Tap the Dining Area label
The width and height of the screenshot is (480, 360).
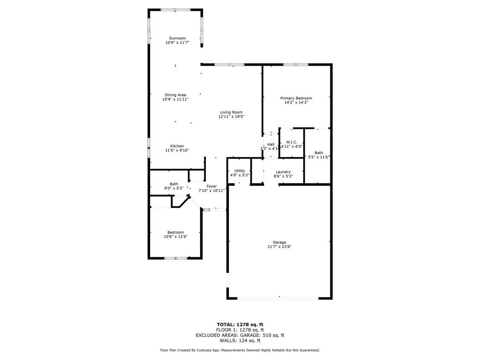pos(175,95)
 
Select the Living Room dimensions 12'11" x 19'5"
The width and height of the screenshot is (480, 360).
pos(231,117)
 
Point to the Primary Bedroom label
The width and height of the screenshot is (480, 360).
pos(296,98)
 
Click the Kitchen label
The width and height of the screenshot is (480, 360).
pos(177,146)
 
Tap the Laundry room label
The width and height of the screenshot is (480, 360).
pos(283,172)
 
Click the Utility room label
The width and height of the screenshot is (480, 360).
pos(240,171)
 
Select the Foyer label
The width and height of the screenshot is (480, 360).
pos(211,186)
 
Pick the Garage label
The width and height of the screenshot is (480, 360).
pos(280,242)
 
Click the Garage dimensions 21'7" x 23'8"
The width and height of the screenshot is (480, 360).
pos(280,247)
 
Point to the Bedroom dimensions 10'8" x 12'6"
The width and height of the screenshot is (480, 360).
pos(176,237)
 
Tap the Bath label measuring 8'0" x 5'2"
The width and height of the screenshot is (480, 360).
pos(174,184)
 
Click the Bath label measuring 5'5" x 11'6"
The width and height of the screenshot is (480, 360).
pos(319,153)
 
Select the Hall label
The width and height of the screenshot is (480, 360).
pos(271,144)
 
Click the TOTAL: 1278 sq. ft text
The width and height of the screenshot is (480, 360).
pos(240,324)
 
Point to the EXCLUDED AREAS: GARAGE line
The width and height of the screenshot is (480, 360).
pos(240,335)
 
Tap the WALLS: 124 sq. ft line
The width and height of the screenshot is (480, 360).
pos(240,340)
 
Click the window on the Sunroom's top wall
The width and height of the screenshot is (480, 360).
pos(175,9)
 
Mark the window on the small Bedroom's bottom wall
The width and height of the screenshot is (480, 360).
pos(176,258)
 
